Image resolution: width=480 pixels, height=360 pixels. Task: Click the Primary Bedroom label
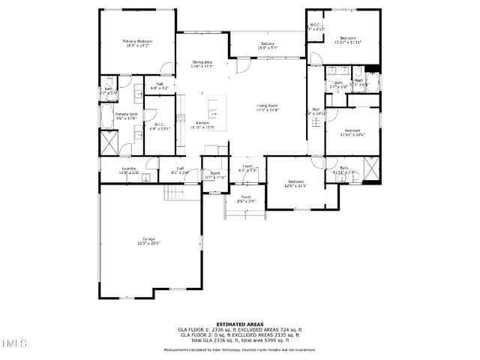pos(138,40)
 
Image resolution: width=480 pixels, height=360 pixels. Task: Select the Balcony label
pos(268,43)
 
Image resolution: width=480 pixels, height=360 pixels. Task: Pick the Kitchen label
pos(202,122)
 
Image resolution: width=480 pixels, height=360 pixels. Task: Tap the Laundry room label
pos(129,169)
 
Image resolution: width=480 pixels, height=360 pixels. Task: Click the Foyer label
pos(247,166)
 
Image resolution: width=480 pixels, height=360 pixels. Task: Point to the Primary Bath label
pos(126,113)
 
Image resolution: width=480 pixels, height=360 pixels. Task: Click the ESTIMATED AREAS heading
pos(240,324)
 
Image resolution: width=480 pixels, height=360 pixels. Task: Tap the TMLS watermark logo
pos(13,345)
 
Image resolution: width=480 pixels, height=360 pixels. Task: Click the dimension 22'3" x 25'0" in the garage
pos(149,243)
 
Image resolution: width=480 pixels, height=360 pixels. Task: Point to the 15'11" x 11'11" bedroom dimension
pos(348,42)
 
